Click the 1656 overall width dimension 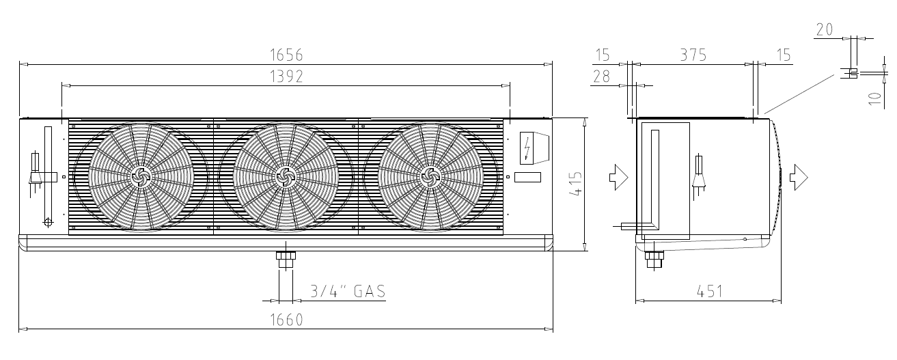286,55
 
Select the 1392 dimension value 286,77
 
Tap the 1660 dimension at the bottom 286,320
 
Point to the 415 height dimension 575,184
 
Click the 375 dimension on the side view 693,55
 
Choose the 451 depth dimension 710,292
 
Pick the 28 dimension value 601,77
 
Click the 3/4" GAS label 348,291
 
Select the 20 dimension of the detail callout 825,29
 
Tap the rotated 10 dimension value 875,98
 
